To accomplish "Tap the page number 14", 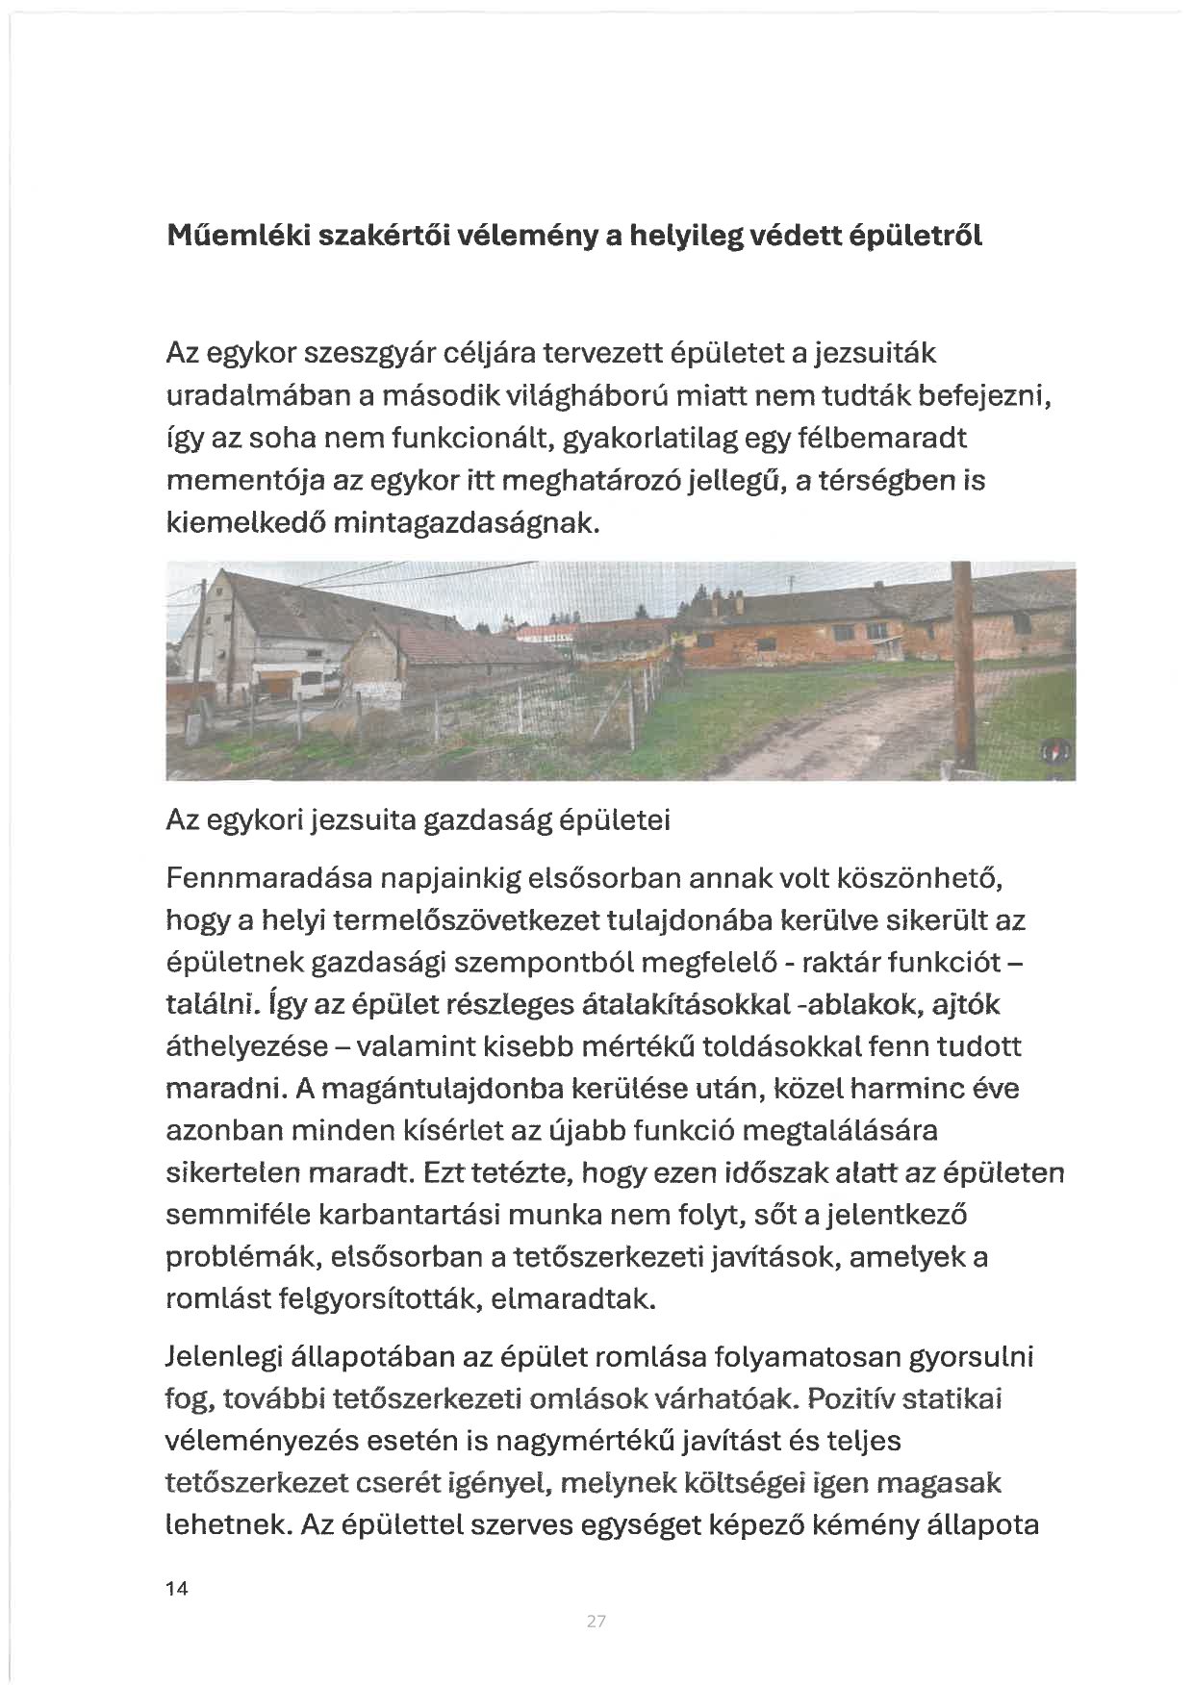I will (177, 1589).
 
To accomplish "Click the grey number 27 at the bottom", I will (596, 1622).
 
